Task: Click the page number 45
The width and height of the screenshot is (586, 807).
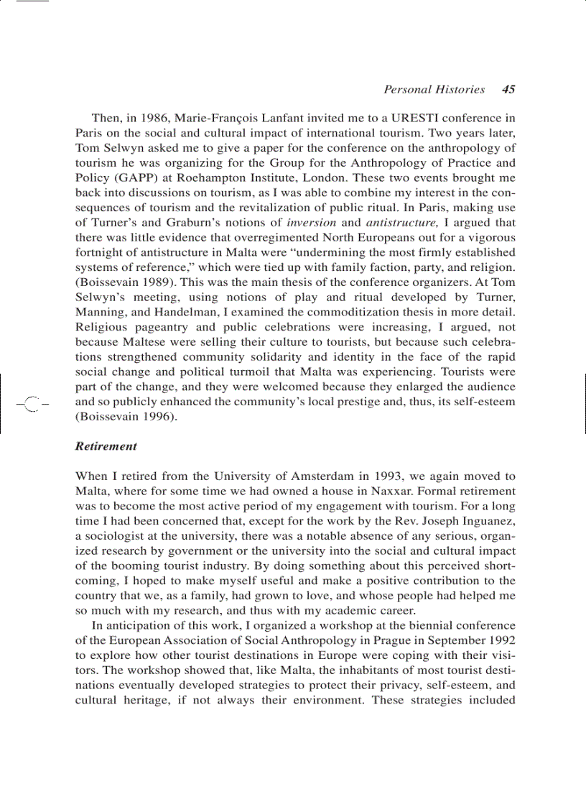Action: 508,90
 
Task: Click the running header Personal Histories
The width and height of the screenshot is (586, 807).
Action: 434,90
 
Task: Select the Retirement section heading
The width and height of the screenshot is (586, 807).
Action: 106,446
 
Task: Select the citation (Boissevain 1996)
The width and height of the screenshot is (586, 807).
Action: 124,417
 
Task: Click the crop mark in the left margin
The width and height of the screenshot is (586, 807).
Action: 32,402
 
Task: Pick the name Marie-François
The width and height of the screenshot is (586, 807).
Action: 205,118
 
